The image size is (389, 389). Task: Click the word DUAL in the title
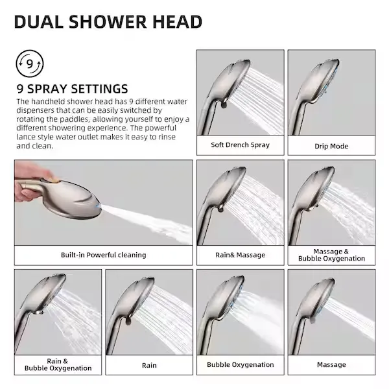[39, 22]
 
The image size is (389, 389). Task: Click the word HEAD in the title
[177, 22]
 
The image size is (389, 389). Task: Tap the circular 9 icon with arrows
[30, 64]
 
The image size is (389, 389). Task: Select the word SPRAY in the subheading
[47, 89]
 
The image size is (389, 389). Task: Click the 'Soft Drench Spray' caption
[240, 145]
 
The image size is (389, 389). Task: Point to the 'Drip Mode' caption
[331, 146]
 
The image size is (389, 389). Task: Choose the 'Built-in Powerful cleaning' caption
[104, 255]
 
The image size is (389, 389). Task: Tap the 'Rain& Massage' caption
[240, 255]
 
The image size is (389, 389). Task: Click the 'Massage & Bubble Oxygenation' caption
[331, 255]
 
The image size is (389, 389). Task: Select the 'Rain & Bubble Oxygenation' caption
[58, 364]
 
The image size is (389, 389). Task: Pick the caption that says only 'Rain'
[149, 366]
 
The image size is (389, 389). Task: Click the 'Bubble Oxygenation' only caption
[240, 364]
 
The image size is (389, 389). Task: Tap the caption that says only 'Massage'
[331, 364]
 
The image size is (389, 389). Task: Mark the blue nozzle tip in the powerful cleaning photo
[99, 206]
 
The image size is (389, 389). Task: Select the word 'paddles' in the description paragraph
[75, 119]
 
